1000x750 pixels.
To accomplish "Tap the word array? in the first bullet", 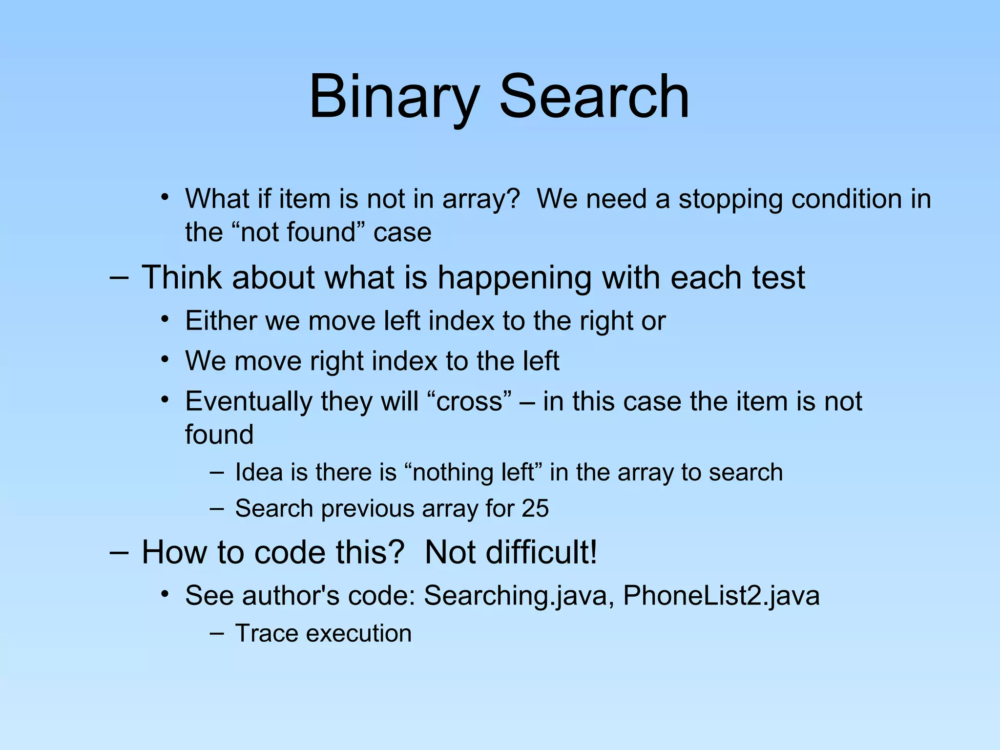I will pyautogui.click(x=481, y=199).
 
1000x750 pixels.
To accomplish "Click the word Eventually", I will pyautogui.click(x=249, y=402).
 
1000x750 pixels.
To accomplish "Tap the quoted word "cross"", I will pyautogui.click(x=469, y=401).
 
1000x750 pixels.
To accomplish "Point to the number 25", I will pyautogui.click(x=535, y=508).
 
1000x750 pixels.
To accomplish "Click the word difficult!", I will pyautogui.click(x=511, y=552).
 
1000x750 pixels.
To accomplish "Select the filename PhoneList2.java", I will pyautogui.click(x=721, y=596).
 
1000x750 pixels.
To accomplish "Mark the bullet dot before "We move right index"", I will pyautogui.click(x=166, y=360).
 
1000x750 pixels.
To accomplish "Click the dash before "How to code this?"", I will pyautogui.click(x=119, y=552).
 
